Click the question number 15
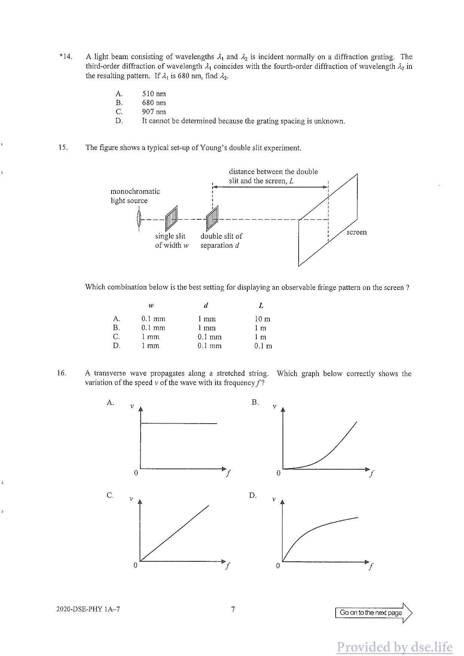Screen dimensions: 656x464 pyautogui.click(x=63, y=147)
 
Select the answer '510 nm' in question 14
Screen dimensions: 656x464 pyautogui.click(x=154, y=94)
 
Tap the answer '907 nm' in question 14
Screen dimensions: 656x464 pyautogui.click(x=154, y=112)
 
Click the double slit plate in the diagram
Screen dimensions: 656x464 pyautogui.click(x=212, y=218)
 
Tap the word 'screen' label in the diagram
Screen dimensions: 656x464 pyautogui.click(x=357, y=232)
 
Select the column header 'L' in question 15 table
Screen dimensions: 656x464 pyautogui.click(x=261, y=306)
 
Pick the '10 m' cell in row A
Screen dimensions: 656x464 pyautogui.click(x=262, y=319)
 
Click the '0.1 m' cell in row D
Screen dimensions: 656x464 pyautogui.click(x=263, y=346)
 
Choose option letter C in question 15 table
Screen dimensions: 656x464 pyautogui.click(x=116, y=337)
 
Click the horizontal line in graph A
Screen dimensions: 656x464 pyautogui.click(x=179, y=423)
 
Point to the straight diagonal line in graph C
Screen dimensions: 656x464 pyautogui.click(x=174, y=533)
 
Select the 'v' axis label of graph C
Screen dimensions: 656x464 pyautogui.click(x=131, y=499)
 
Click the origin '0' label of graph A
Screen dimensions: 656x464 pyautogui.click(x=136, y=473)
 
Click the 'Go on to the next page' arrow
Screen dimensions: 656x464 pyautogui.click(x=373, y=613)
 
